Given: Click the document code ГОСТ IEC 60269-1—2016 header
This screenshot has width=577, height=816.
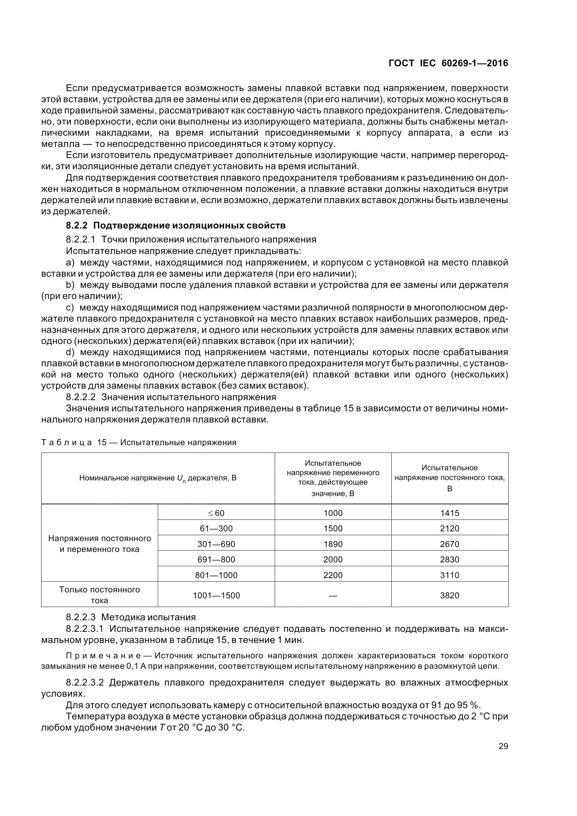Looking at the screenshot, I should pyautogui.click(x=448, y=63).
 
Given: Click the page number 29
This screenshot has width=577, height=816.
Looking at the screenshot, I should pyautogui.click(x=503, y=746).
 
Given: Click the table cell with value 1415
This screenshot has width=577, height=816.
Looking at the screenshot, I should pyautogui.click(x=449, y=513).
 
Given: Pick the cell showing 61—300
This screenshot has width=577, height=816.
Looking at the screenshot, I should pyautogui.click(x=216, y=528).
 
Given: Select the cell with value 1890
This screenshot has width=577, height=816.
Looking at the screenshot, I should pyautogui.click(x=333, y=544).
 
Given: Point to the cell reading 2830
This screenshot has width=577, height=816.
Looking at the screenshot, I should pyautogui.click(x=449, y=559).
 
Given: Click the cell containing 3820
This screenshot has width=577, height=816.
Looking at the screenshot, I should pyautogui.click(x=449, y=595).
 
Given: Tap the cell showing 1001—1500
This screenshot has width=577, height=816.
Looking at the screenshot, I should pyautogui.click(x=216, y=595).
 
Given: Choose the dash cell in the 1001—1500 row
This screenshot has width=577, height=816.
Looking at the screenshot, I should pyautogui.click(x=333, y=595).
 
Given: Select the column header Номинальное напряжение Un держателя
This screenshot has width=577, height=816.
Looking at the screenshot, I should pyautogui.click(x=158, y=478).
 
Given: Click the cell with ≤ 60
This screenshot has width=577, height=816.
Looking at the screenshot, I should pyautogui.click(x=216, y=513).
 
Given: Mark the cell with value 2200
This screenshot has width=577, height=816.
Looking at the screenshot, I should pyautogui.click(x=333, y=575).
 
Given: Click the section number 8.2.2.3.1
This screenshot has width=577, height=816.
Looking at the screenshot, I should pyautogui.click(x=84, y=629).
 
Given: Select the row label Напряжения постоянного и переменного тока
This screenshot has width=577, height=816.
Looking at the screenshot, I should pyautogui.click(x=99, y=544).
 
